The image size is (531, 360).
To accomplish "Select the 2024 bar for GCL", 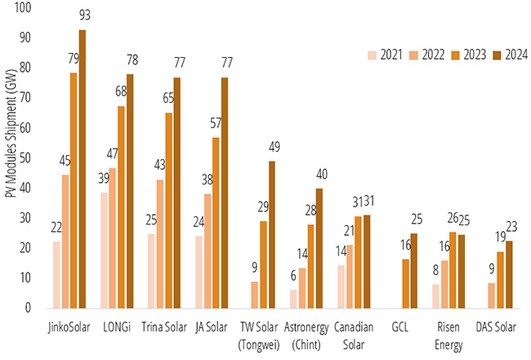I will (414, 270).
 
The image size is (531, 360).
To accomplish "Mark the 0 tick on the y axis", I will (29, 308).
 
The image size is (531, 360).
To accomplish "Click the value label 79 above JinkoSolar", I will (73, 60).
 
